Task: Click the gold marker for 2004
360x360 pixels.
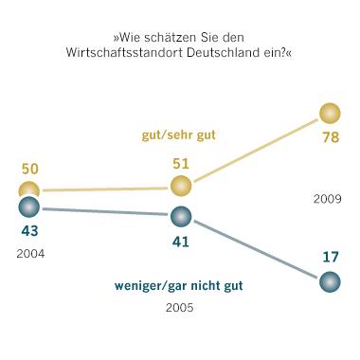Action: (29, 191)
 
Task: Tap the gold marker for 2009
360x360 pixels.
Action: (330, 114)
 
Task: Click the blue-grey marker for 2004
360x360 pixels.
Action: (29, 207)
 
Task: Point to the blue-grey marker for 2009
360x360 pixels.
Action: (330, 281)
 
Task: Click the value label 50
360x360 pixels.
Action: (29, 168)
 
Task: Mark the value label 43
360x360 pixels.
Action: (29, 230)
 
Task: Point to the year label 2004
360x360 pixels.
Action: (29, 254)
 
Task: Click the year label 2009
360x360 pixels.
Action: (328, 200)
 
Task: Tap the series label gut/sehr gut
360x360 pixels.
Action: (179, 135)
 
